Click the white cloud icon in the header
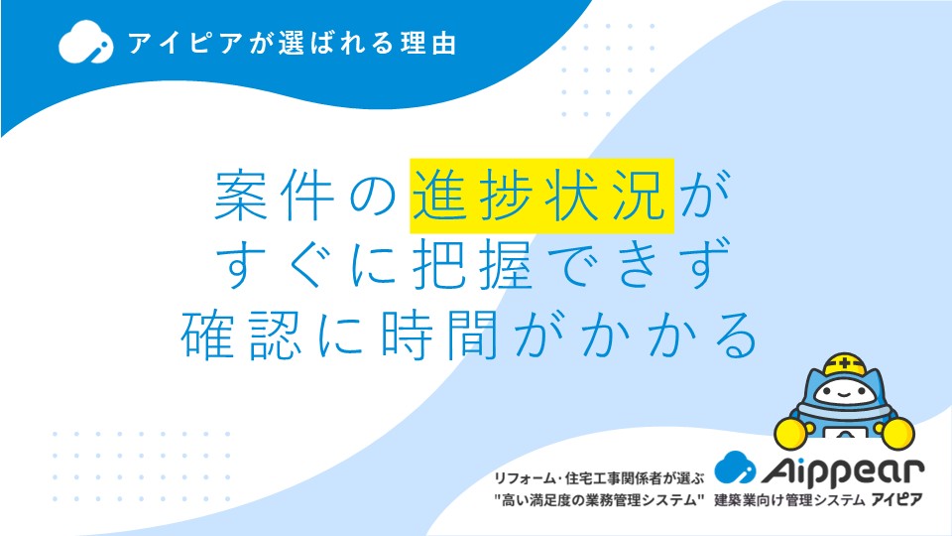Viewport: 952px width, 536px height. tap(85, 42)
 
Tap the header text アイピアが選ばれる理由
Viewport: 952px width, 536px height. tap(292, 44)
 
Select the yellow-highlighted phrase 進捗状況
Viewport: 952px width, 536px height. tap(541, 196)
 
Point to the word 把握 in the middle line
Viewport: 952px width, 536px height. tap(473, 264)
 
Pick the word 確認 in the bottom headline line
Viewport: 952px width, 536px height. tap(242, 335)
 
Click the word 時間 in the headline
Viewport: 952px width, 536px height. tap(439, 335)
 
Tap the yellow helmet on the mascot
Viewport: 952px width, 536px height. tap(845, 364)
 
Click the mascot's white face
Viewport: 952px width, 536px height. tap(845, 393)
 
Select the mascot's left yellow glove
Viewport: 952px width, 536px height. tap(791, 432)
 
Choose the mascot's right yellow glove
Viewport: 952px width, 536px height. tap(898, 434)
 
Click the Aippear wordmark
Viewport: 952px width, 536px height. tap(843, 470)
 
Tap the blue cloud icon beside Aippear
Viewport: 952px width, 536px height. tap(735, 467)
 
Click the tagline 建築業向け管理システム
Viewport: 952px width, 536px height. tap(789, 500)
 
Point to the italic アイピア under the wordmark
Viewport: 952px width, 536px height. tap(896, 499)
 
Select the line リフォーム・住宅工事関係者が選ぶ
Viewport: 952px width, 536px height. tap(599, 478)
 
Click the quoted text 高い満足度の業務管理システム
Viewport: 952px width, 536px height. tap(599, 500)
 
